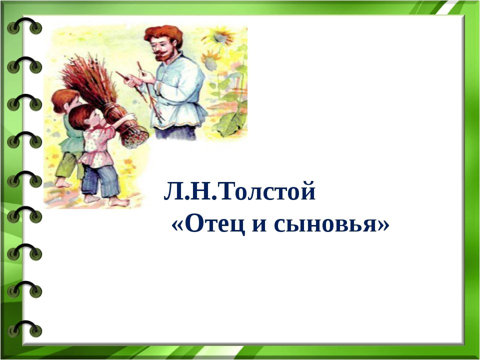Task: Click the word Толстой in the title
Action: [x=266, y=191]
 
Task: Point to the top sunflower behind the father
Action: [x=218, y=36]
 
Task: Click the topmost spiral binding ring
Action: [x=24, y=26]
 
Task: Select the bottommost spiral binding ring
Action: [x=24, y=329]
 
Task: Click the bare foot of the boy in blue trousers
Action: [x=119, y=201]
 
